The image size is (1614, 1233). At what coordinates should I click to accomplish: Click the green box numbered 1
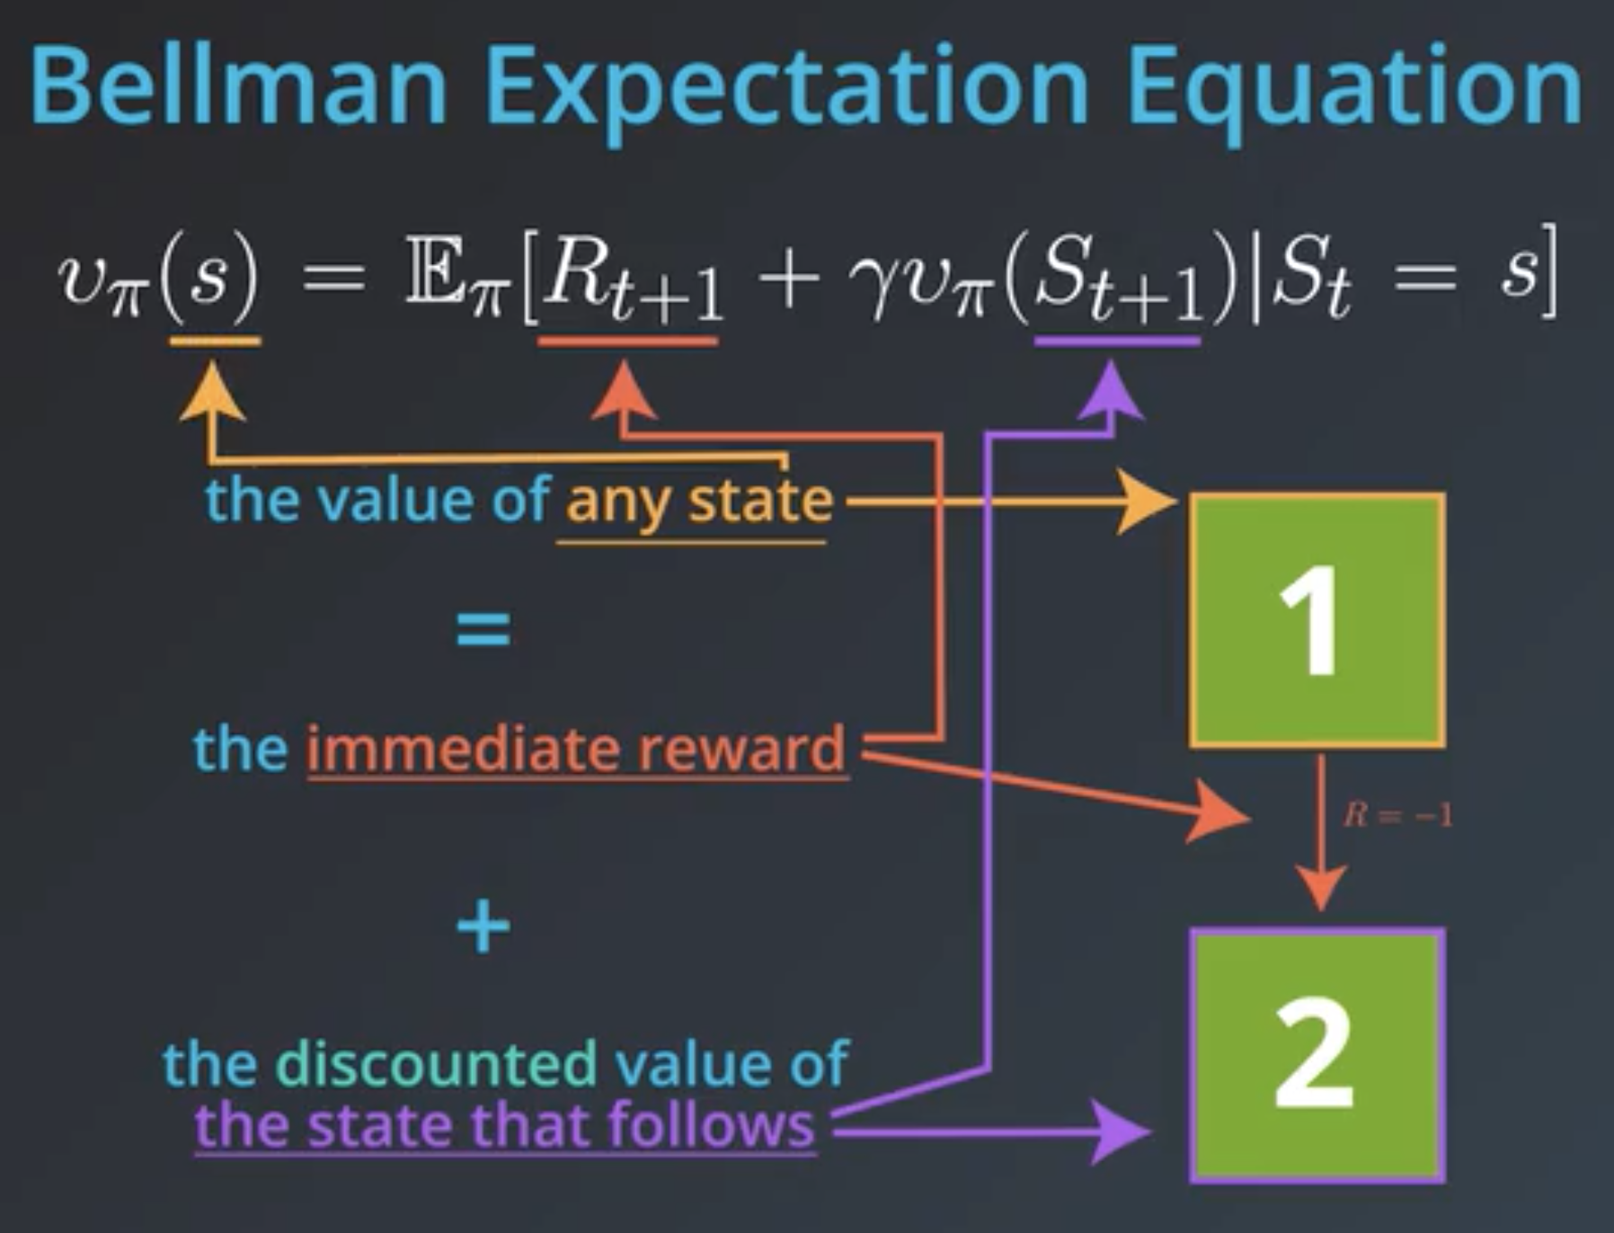pyautogui.click(x=1317, y=620)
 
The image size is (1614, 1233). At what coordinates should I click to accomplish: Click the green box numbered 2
pyautogui.click(x=1317, y=1055)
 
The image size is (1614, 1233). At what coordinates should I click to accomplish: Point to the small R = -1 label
pyautogui.click(x=1397, y=815)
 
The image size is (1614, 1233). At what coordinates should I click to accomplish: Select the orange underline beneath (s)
pyautogui.click(x=216, y=342)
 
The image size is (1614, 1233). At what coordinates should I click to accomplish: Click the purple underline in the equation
pyautogui.click(x=1118, y=342)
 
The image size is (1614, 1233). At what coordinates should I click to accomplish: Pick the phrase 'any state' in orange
pyautogui.click(x=699, y=501)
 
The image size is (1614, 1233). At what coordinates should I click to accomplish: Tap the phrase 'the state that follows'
pyautogui.click(x=505, y=1124)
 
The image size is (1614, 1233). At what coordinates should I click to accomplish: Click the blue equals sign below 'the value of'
pyautogui.click(x=483, y=629)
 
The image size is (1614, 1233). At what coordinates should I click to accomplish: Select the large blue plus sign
pyautogui.click(x=483, y=927)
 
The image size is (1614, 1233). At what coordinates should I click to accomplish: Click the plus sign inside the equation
pyautogui.click(x=789, y=279)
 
